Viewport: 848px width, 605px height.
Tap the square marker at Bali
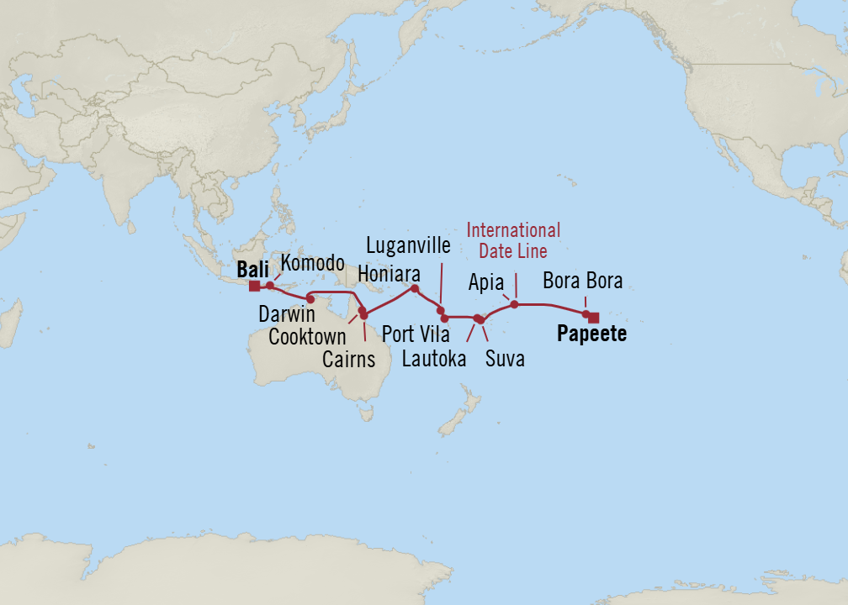(254, 286)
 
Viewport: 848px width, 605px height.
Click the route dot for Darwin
(310, 298)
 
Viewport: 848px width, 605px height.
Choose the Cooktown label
(307, 338)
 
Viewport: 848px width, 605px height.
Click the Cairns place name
(348, 360)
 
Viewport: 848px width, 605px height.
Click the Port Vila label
(416, 334)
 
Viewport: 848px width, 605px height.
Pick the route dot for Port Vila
(444, 318)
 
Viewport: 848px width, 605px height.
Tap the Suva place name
(505, 360)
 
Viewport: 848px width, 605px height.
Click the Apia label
(485, 282)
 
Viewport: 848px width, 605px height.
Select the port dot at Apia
(515, 304)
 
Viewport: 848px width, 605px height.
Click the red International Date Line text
(513, 240)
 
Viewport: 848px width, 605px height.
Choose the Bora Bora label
(582, 281)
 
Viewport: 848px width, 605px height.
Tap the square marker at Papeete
(594, 317)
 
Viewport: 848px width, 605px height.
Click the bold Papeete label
(591, 334)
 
